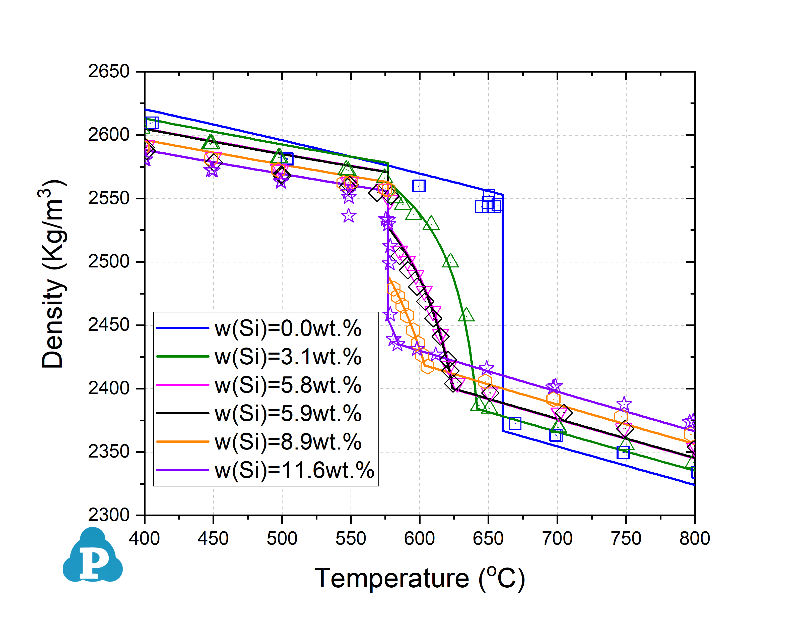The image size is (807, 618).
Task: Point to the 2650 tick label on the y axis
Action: pyautogui.click(x=109, y=71)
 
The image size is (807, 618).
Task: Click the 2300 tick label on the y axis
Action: pyautogui.click(x=109, y=515)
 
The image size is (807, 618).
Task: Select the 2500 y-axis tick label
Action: pyautogui.click(x=109, y=262)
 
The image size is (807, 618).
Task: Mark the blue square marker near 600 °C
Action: pyautogui.click(x=419, y=186)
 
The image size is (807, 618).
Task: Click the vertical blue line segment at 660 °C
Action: pyautogui.click(x=502, y=313)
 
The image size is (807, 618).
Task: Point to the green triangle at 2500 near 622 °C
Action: pyautogui.click(x=450, y=261)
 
